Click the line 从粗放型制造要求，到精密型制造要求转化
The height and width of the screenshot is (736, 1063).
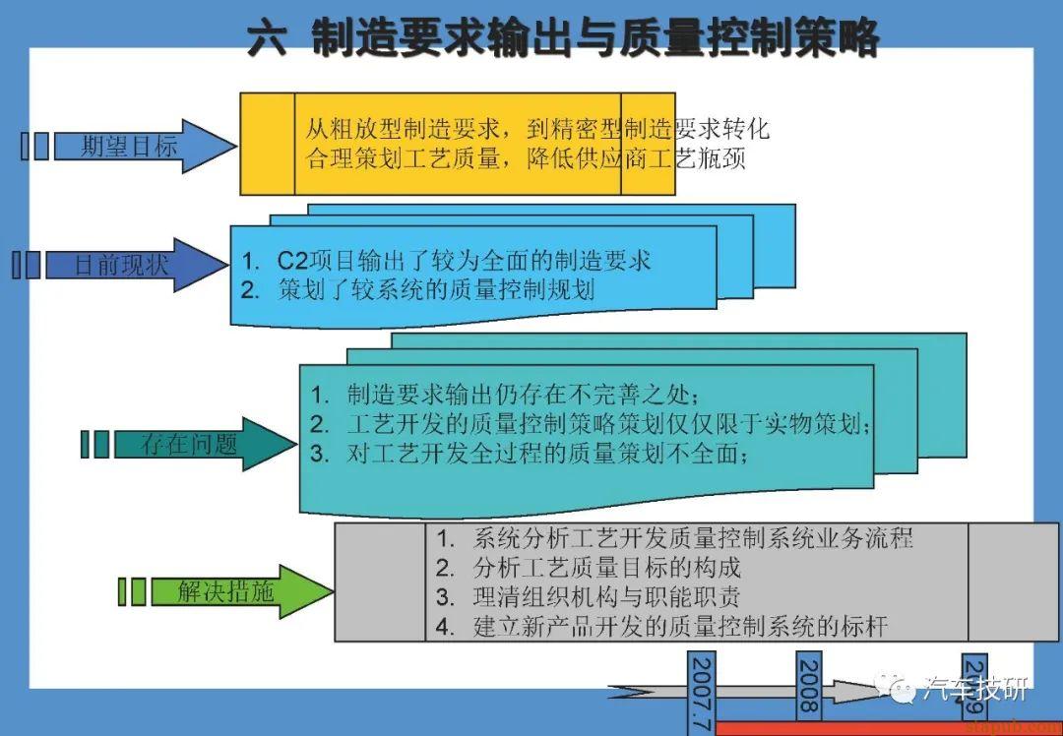point(536,129)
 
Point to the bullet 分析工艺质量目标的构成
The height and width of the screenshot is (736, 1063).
point(606,568)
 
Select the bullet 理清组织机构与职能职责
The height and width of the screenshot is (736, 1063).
point(606,597)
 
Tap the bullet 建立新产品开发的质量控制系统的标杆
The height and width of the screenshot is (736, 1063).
point(679,627)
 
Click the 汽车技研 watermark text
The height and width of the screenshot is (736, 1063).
point(975,689)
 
